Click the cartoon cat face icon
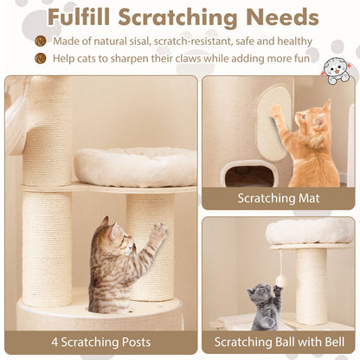(336, 71)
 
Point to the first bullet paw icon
(41, 41)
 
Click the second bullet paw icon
(41, 59)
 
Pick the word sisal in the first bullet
(153, 41)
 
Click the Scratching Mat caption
(279, 198)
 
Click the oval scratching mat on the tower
(273, 121)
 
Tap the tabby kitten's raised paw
(158, 231)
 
